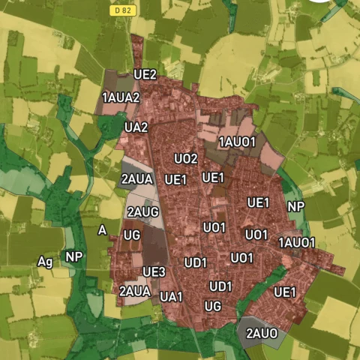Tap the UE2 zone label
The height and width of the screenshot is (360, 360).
click(145, 75)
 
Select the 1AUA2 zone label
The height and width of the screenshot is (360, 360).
click(121, 97)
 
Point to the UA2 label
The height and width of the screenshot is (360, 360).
click(136, 127)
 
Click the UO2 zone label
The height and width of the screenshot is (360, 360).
click(185, 159)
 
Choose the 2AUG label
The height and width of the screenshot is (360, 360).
click(142, 212)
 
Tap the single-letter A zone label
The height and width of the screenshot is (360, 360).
click(102, 230)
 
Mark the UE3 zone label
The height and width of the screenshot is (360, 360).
click(154, 271)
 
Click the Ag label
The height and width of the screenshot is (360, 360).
click(45, 261)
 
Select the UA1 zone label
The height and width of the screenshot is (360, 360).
click(171, 297)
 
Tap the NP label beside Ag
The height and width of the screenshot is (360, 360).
click(73, 256)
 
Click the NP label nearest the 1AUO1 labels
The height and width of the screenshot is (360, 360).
click(295, 206)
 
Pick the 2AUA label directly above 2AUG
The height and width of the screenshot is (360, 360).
click(136, 179)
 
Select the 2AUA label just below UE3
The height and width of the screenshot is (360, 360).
click(135, 290)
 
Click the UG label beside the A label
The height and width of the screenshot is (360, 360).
click(132, 235)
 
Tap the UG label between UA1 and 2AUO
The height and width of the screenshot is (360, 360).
click(213, 306)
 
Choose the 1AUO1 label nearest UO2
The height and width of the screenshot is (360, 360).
click(238, 142)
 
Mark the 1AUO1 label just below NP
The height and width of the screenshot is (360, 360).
click(297, 242)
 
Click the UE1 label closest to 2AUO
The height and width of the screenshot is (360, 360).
click(285, 292)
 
